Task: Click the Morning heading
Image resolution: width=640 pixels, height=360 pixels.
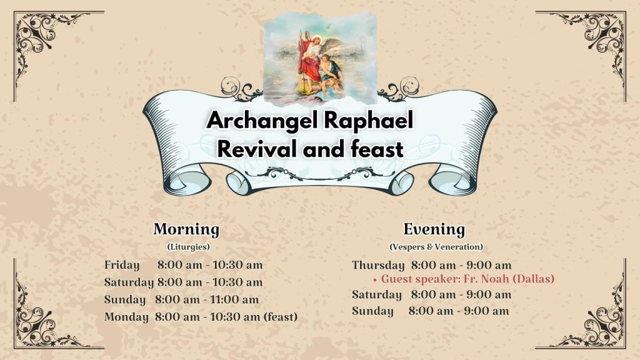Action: point(186,230)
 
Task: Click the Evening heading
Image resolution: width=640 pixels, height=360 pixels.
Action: point(434,229)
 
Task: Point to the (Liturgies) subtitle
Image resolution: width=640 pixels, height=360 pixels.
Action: point(188,246)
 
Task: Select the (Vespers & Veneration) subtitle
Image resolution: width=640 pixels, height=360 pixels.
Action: point(436,246)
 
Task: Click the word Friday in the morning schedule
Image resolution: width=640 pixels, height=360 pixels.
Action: point(122,265)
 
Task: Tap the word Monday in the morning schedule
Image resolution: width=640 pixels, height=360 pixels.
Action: point(126,317)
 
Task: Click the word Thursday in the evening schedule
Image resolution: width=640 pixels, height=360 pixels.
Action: point(378,265)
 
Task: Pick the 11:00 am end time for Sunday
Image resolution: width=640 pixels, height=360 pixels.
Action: point(234,299)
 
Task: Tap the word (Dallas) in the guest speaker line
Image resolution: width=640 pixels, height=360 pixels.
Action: point(534,279)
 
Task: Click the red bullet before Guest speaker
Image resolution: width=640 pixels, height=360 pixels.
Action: point(375,280)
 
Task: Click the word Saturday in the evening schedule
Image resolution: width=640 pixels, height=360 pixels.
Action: point(377,295)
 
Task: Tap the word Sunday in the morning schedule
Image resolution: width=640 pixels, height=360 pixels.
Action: point(125,299)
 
